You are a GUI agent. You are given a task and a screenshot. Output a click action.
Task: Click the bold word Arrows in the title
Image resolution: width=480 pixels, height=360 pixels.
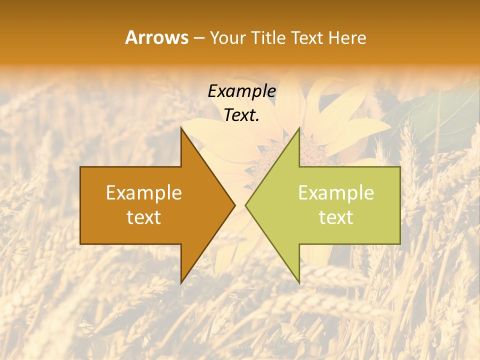tap(156, 37)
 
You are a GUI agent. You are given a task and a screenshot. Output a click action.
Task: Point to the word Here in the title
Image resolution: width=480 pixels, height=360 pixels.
tap(347, 37)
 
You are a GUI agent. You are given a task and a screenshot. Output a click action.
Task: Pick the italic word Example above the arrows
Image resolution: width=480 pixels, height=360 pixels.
tap(241, 91)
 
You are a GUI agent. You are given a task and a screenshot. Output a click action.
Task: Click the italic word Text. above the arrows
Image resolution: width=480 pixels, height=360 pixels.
tap(241, 115)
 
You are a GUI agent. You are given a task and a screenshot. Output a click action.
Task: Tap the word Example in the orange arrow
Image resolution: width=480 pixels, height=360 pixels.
tap(144, 193)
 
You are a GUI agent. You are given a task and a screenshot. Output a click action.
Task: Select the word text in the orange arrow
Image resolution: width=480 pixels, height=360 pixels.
tap(144, 217)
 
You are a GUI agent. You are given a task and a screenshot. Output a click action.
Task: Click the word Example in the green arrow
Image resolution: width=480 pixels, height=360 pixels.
tap(336, 193)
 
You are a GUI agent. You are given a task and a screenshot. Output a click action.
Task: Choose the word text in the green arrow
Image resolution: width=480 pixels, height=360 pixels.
tap(336, 217)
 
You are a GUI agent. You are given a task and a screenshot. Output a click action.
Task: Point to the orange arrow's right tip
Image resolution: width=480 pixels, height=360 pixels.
tap(234, 205)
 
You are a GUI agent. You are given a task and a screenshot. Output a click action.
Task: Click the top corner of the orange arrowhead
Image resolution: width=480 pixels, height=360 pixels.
tap(181, 128)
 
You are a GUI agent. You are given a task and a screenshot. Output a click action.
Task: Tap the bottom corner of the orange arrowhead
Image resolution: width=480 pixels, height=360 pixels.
tap(181, 282)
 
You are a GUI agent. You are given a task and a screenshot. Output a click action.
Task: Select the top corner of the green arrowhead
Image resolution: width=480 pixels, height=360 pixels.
tap(299, 128)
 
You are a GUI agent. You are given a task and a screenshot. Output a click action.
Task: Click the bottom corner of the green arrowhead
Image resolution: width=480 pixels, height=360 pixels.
tap(299, 282)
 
